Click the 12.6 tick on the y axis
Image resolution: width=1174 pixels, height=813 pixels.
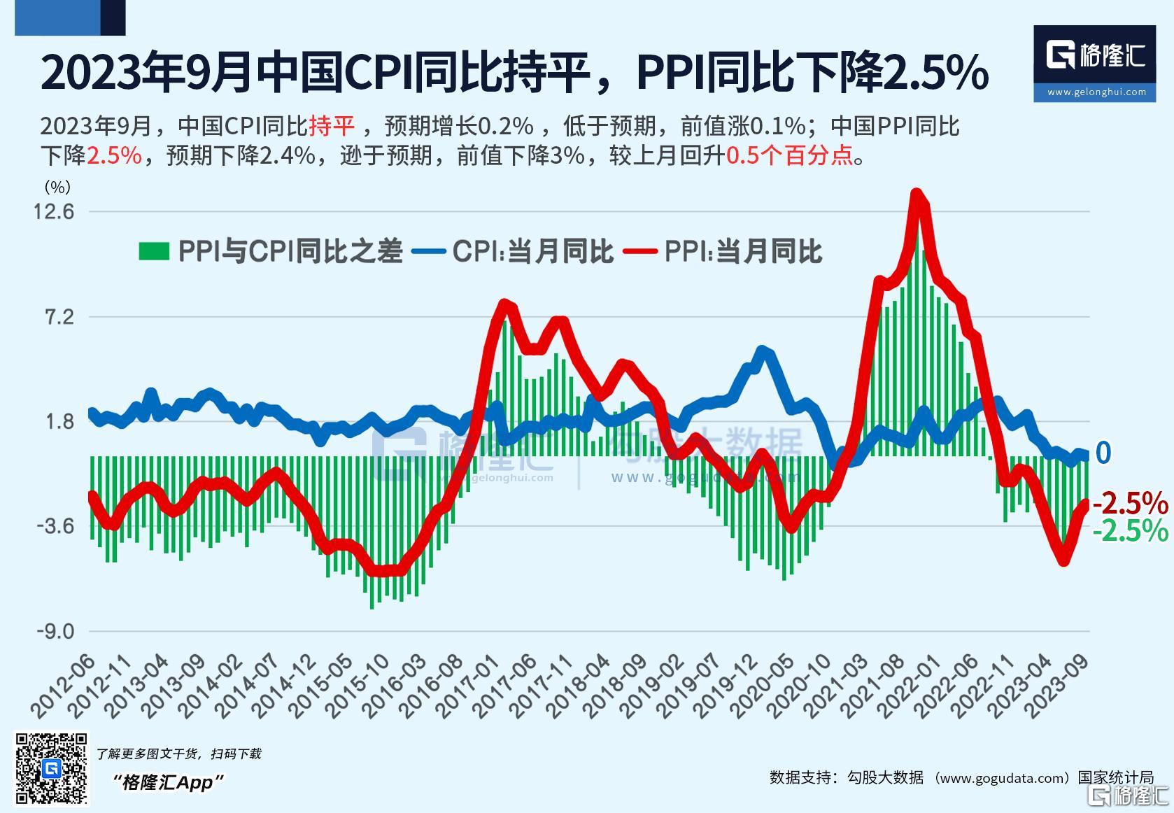(x=53, y=211)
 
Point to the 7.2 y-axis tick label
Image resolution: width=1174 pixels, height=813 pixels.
(x=59, y=317)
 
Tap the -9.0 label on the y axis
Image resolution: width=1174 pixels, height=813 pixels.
(x=55, y=631)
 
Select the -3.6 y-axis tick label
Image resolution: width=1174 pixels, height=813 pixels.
(x=55, y=525)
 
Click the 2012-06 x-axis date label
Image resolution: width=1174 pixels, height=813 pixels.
(x=63, y=686)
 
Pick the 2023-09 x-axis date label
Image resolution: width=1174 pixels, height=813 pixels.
(x=1056, y=686)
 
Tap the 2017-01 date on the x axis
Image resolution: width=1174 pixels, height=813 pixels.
(x=468, y=686)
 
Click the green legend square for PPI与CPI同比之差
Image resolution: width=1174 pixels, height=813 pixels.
(x=154, y=251)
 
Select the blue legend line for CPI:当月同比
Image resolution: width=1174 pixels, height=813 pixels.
(x=429, y=252)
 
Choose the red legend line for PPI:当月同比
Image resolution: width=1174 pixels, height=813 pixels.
(x=640, y=252)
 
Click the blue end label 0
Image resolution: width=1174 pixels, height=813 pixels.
(x=1103, y=453)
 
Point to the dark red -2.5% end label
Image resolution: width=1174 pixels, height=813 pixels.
(x=1131, y=503)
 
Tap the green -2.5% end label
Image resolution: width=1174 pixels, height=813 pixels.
(x=1131, y=530)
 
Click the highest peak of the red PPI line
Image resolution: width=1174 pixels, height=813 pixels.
(x=916, y=193)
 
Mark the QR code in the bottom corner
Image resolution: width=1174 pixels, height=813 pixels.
(x=51, y=768)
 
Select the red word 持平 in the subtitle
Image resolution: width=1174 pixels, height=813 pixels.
(x=332, y=126)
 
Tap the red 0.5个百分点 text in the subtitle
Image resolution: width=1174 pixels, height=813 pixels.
(x=790, y=155)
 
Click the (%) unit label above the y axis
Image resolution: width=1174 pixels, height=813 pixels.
(x=57, y=187)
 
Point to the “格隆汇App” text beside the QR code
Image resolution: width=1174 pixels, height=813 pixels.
(x=168, y=783)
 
